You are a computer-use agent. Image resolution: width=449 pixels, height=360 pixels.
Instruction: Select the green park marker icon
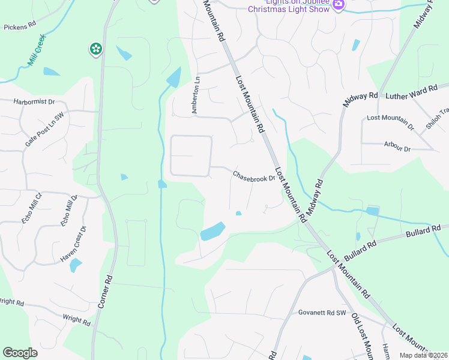click(95, 49)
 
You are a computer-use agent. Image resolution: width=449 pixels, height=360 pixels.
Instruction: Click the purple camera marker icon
click(339, 5)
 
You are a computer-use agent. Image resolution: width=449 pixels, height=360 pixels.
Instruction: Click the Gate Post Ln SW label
click(44, 125)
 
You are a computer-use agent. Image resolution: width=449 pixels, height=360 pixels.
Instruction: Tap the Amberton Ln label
click(195, 94)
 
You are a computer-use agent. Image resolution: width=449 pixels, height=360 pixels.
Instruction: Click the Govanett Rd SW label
click(322, 313)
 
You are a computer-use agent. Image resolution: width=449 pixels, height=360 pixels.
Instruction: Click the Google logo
click(20, 353)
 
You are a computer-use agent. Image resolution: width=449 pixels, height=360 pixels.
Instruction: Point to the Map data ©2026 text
click(423, 355)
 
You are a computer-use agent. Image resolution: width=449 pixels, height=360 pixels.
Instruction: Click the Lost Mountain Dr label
click(390, 122)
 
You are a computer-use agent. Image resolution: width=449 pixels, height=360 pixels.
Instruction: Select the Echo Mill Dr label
click(68, 211)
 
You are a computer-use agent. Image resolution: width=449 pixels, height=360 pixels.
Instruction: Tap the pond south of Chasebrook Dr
click(212, 231)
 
